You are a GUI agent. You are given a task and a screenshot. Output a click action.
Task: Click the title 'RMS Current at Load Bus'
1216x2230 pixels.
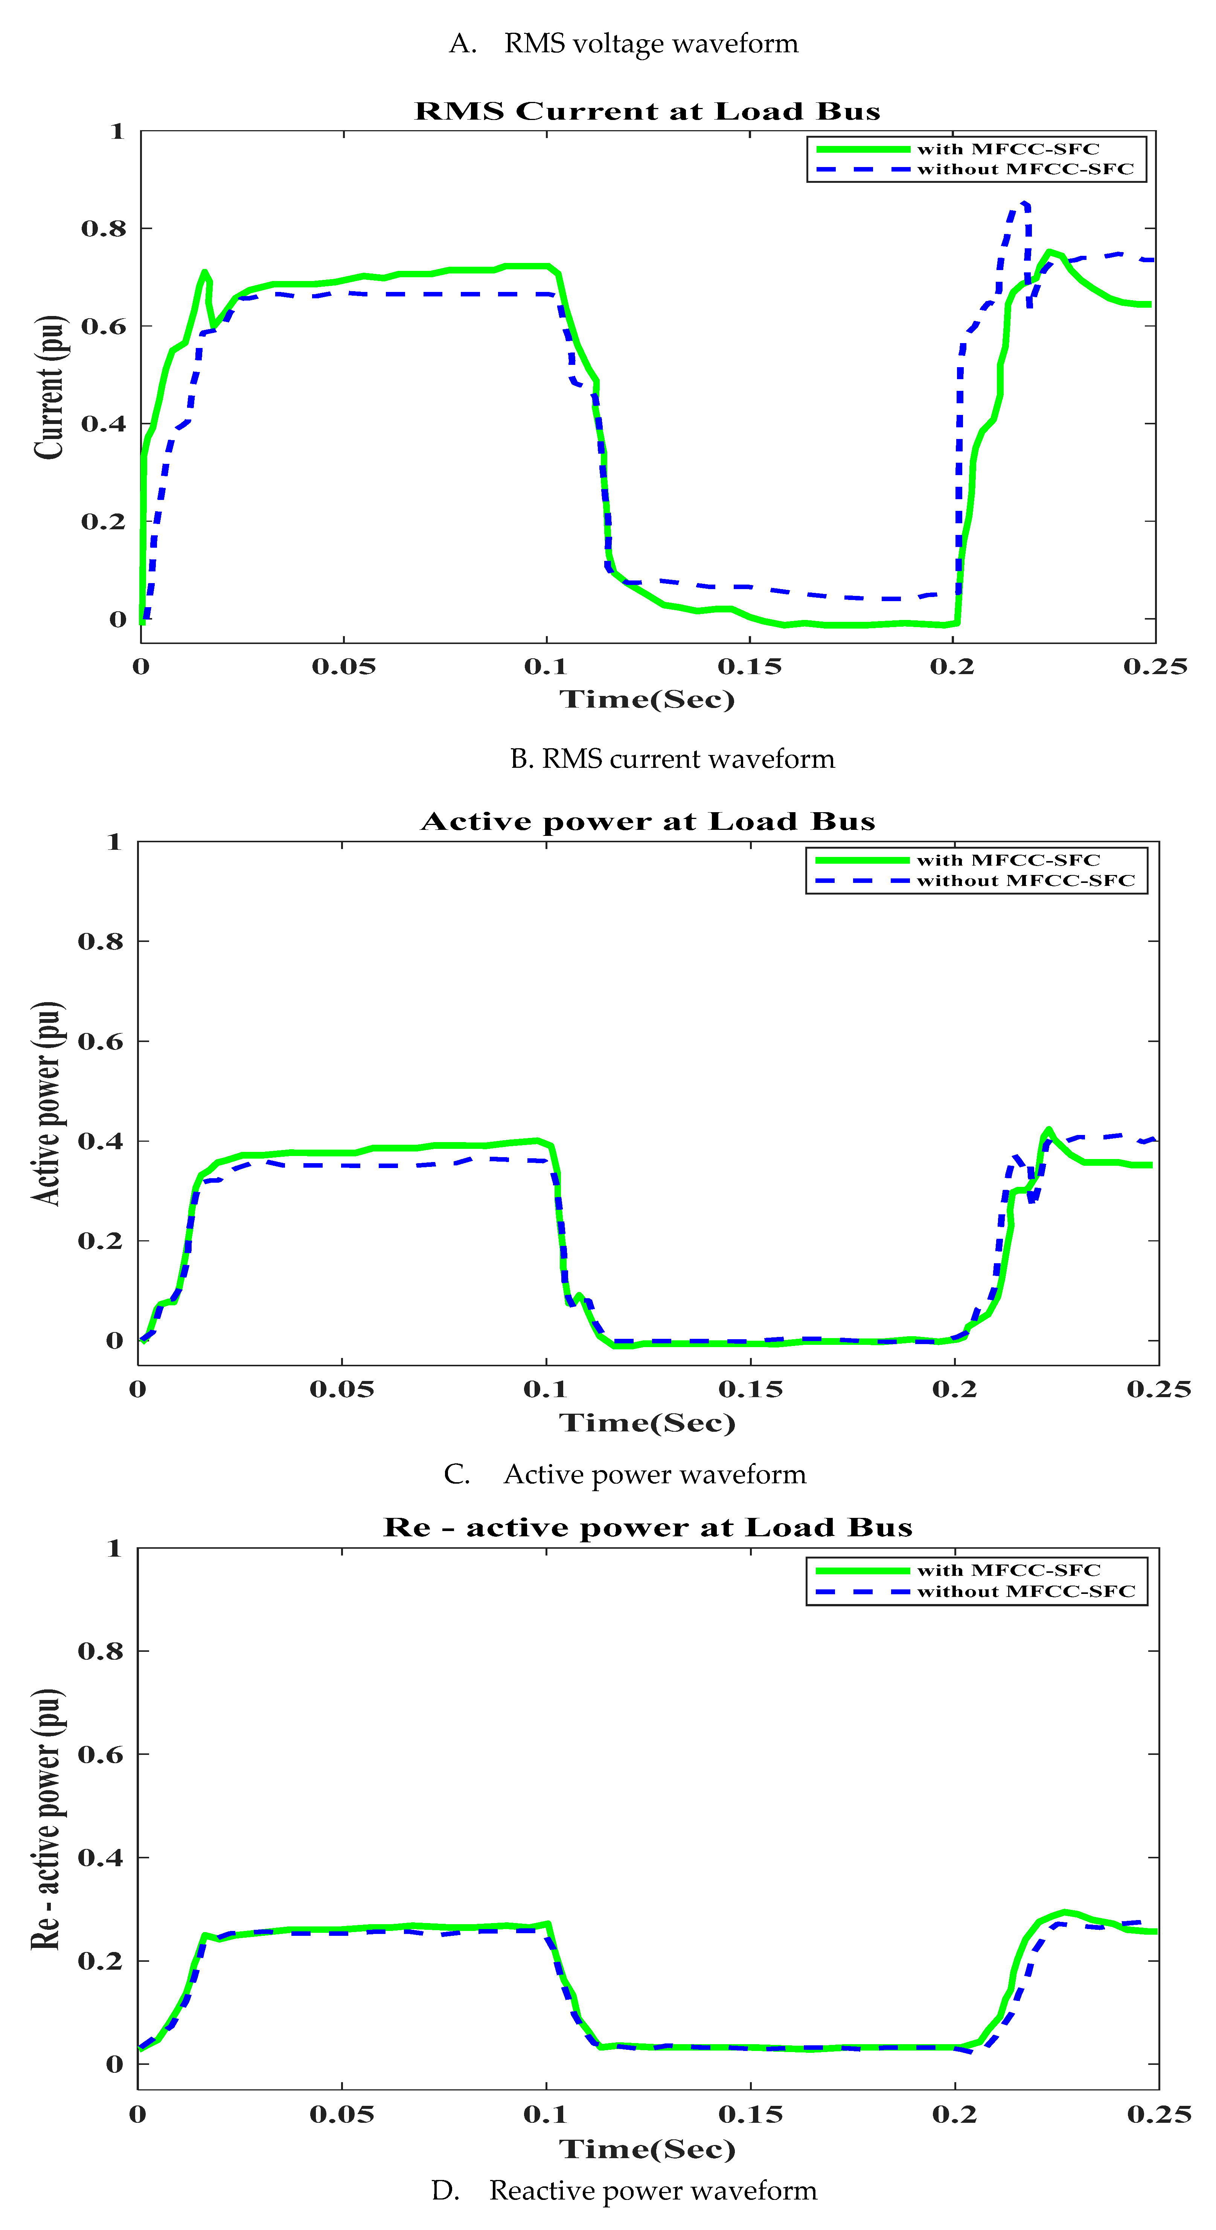tap(647, 112)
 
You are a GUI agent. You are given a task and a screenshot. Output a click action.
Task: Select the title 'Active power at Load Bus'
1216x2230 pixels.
tap(647, 822)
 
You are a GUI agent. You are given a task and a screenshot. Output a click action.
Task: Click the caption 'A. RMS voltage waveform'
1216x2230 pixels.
tap(623, 43)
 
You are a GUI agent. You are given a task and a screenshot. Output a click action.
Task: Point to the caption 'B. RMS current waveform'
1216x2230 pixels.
tap(672, 759)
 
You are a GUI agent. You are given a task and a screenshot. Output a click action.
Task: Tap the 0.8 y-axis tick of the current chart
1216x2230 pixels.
tap(104, 229)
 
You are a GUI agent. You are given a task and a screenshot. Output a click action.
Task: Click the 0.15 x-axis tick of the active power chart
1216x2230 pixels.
tap(750, 1389)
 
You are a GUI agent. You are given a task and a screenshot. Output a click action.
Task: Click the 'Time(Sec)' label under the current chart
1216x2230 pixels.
tap(647, 699)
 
